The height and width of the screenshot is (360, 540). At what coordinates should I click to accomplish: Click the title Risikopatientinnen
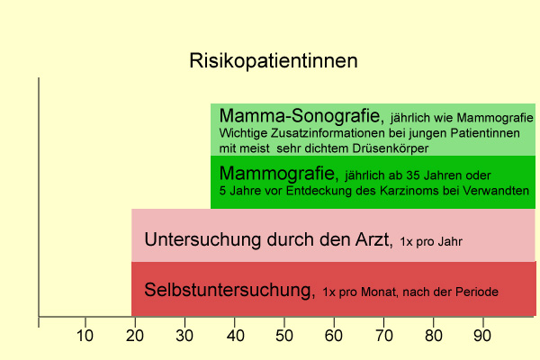[274, 61]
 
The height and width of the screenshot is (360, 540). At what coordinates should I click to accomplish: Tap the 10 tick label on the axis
[85, 335]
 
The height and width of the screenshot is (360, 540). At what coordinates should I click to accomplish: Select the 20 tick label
[135, 335]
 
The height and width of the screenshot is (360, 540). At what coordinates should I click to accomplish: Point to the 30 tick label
[184, 335]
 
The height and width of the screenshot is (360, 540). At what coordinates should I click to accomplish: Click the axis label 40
[236, 335]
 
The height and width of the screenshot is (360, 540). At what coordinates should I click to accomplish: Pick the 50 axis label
[284, 335]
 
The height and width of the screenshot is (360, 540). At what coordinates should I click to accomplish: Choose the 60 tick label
[334, 335]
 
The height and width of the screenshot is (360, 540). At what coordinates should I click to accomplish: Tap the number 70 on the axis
[383, 335]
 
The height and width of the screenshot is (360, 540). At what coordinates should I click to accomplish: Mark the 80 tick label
[433, 335]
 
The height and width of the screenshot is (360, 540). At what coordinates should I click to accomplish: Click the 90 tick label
[482, 335]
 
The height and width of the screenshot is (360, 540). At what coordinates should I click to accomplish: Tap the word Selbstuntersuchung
[229, 290]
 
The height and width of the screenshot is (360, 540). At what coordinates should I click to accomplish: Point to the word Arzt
[373, 239]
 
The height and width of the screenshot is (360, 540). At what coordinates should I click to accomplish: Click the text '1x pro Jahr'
[431, 241]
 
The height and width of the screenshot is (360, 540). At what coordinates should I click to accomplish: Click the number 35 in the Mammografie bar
[413, 175]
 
